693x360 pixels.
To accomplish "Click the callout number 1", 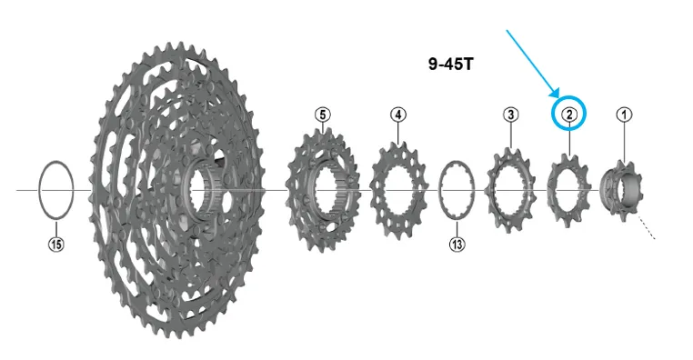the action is tap(624, 115).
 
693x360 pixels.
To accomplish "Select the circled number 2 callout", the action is tap(569, 115).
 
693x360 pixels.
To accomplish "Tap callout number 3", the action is tap(511, 115).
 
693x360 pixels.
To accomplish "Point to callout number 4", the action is tap(398, 115).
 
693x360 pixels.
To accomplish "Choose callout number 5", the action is tap(323, 115).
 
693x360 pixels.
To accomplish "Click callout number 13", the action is tap(457, 244).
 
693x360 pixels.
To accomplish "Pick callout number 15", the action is tap(56, 244).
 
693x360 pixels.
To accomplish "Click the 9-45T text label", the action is tap(450, 64).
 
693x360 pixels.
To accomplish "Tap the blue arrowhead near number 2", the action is tap(555, 92).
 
